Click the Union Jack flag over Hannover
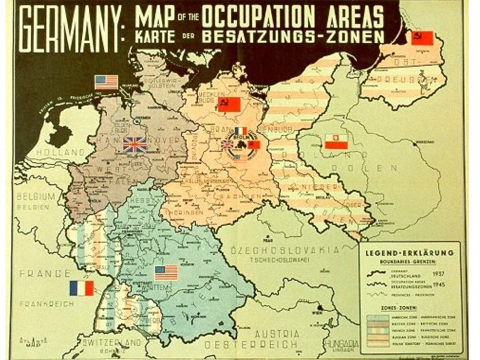tap(135, 144)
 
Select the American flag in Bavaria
tap(166, 272)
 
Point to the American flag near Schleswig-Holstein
tap(106, 82)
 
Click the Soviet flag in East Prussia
tap(422, 38)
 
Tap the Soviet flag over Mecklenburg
tap(229, 104)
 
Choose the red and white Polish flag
tap(336, 141)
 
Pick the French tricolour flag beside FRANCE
tap(82, 288)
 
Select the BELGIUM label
tap(35, 196)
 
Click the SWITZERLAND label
tap(109, 342)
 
